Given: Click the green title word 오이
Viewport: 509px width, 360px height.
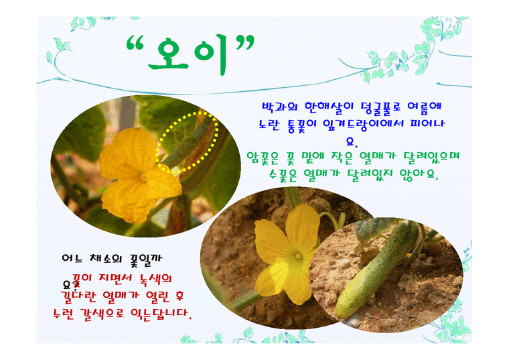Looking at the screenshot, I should click(192, 56).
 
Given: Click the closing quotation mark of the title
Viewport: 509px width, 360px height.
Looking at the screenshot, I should click(244, 46).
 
